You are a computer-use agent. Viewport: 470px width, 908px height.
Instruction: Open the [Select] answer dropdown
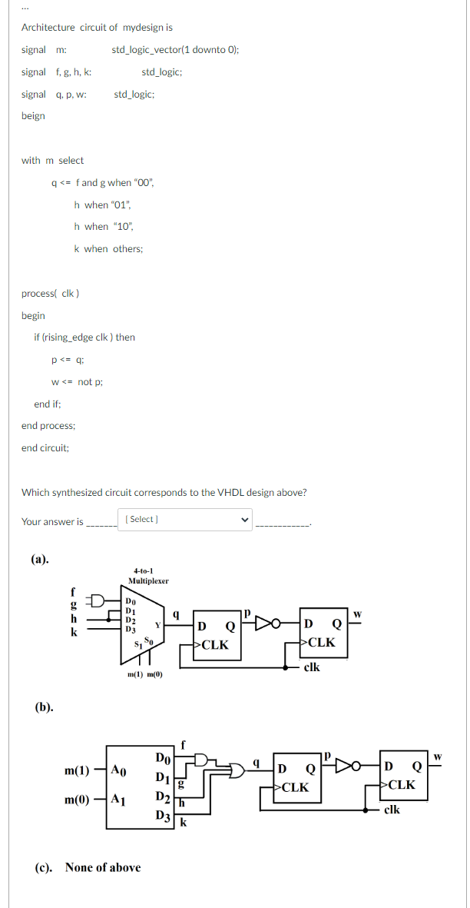coord(184,520)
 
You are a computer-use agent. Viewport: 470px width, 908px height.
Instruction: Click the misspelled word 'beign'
coord(33,116)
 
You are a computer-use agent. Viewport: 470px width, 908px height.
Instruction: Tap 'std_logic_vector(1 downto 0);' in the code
coord(175,50)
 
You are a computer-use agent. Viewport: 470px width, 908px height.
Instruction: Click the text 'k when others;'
coord(108,248)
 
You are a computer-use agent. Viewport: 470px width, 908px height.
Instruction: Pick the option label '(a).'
coord(39,559)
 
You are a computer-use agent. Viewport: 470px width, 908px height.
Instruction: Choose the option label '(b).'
coord(44,705)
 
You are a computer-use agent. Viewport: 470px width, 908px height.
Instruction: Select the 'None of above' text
coord(102,867)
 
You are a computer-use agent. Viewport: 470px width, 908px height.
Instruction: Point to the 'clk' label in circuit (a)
coord(312,667)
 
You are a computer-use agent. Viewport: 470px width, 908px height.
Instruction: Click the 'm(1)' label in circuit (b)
coord(78,770)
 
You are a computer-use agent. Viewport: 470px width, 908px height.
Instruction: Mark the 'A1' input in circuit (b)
coord(118,800)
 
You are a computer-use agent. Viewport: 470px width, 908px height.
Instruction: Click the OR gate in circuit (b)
coord(235,768)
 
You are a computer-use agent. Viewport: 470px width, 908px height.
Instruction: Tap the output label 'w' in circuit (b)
coord(439,757)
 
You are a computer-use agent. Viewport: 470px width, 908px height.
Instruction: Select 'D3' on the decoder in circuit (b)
coord(162,816)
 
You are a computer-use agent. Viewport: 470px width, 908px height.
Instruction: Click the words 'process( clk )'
coord(51,294)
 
